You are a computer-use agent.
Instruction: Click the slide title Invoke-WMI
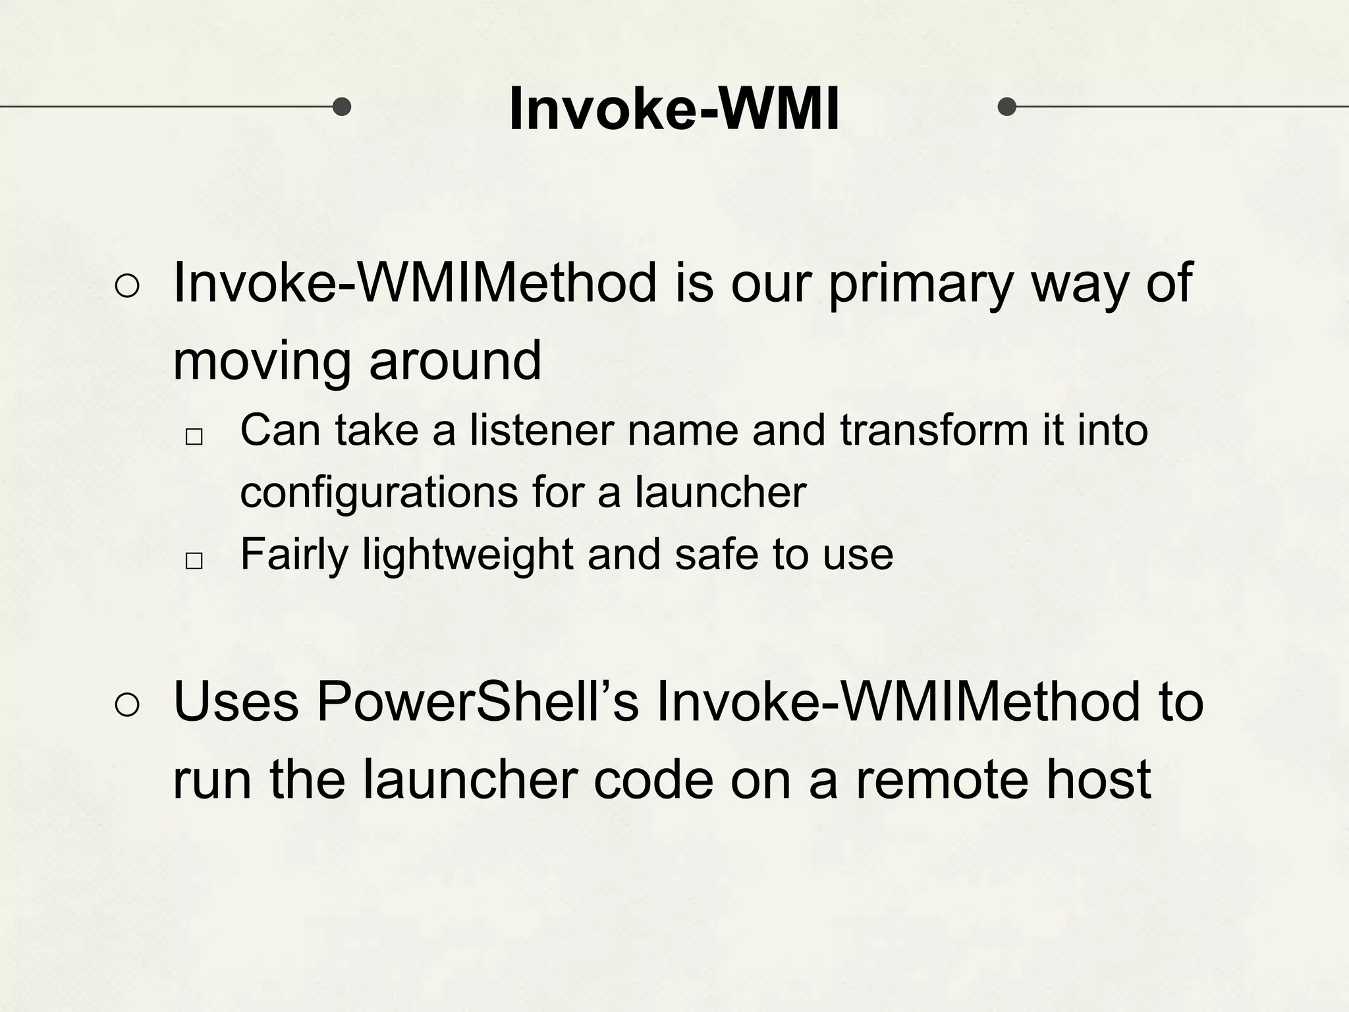674,109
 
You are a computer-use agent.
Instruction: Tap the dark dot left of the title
341,106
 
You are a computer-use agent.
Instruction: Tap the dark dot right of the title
1007,106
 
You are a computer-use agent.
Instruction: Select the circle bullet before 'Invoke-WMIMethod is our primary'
127,287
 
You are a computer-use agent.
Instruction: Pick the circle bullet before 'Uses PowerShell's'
127,706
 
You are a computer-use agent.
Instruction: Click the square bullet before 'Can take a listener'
194,436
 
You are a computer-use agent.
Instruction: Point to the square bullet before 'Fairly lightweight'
194,561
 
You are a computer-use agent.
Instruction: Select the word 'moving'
262,361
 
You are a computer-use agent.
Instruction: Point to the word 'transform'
934,430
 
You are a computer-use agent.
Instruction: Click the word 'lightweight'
468,555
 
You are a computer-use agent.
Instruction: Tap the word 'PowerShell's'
478,702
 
